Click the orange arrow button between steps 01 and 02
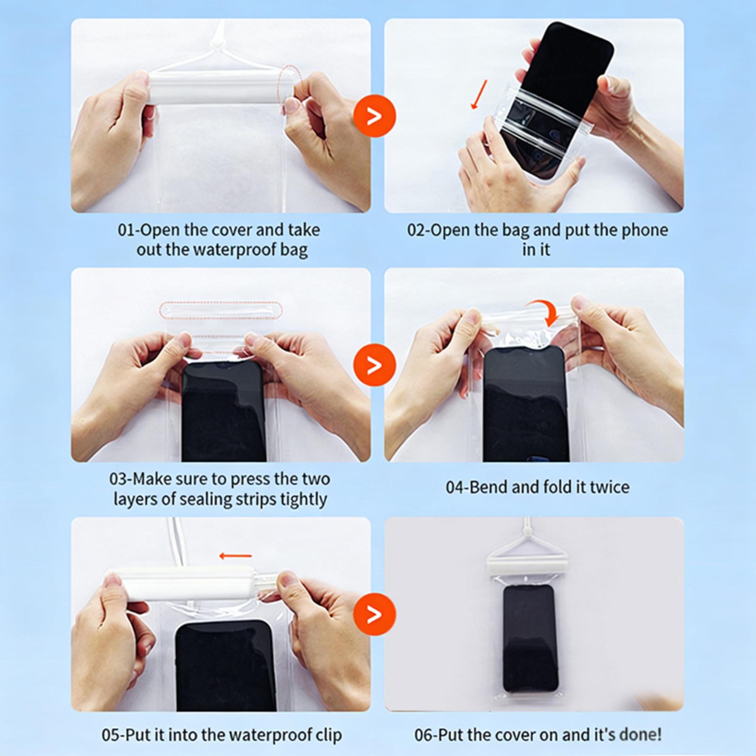coord(375,116)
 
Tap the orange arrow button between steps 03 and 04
coord(375,365)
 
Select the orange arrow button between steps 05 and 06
coord(375,613)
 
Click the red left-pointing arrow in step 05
coord(235,556)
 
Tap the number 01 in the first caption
coord(127,230)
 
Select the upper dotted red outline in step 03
coord(222,310)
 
